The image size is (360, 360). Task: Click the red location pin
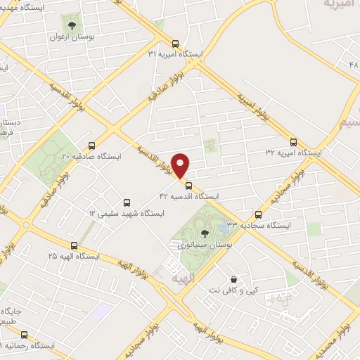pyautogui.click(x=181, y=165)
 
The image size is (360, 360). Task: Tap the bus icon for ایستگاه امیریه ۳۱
pyautogui.click(x=176, y=42)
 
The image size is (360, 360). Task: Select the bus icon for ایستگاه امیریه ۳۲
pyautogui.click(x=293, y=141)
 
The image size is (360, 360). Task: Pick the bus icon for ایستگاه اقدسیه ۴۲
pyautogui.click(x=188, y=186)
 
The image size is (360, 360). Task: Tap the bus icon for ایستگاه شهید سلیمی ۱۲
pyautogui.click(x=127, y=201)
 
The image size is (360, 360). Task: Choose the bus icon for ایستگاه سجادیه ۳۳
pyautogui.click(x=259, y=214)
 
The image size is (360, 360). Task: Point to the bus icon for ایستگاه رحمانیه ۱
pyautogui.click(x=25, y=335)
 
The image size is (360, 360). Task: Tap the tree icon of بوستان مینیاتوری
pyautogui.click(x=205, y=233)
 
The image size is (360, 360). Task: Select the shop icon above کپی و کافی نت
pyautogui.click(x=233, y=278)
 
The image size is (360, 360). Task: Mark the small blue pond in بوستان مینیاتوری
pyautogui.click(x=224, y=227)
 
